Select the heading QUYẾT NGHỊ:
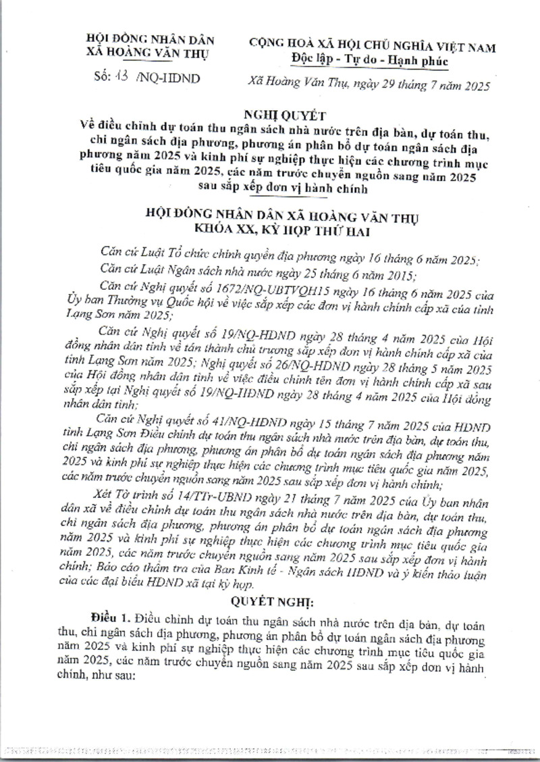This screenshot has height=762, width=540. click(269, 601)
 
